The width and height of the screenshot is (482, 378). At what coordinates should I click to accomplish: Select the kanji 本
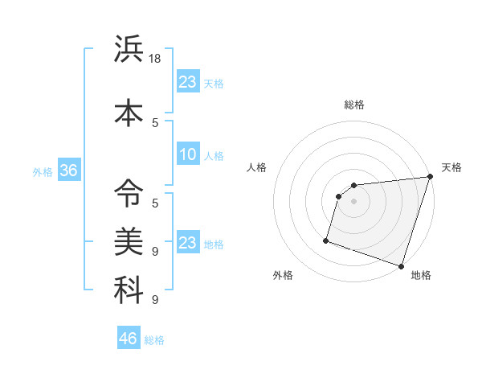click(129, 112)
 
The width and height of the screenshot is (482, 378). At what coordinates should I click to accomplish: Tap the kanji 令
click(129, 191)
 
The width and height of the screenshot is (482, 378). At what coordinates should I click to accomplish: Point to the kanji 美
click(129, 240)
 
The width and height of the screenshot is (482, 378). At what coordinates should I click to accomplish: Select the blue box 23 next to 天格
click(188, 81)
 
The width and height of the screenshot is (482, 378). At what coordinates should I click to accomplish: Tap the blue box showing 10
click(188, 154)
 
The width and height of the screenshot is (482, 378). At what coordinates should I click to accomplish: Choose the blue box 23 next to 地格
click(188, 243)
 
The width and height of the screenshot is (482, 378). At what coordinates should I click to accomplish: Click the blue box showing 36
click(68, 171)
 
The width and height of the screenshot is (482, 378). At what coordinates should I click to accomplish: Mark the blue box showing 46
click(129, 339)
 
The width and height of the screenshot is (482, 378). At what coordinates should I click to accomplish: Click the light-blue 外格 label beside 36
click(43, 171)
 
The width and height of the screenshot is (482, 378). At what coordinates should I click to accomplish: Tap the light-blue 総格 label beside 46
click(154, 340)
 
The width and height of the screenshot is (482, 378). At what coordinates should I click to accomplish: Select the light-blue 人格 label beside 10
click(214, 156)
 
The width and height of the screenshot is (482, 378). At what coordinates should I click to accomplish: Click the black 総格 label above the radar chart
click(354, 105)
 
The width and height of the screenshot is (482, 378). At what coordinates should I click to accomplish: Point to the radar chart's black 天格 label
click(452, 167)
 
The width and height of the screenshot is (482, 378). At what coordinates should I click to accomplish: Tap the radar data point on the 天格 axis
click(430, 177)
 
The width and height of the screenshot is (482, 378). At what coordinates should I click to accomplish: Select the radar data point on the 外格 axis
click(326, 240)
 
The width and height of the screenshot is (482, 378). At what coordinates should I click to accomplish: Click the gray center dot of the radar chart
click(353, 202)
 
